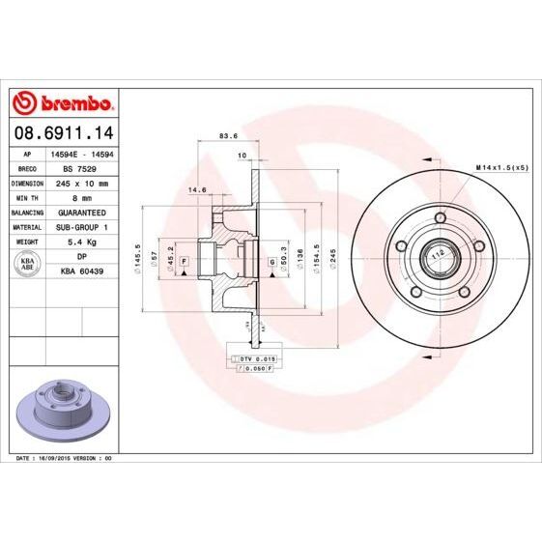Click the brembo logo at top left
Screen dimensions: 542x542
(63, 102)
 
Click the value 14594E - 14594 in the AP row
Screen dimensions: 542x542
(82, 154)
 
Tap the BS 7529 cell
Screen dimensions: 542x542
(82, 168)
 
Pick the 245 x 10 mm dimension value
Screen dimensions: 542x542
(82, 183)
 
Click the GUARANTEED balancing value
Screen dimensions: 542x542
(82, 212)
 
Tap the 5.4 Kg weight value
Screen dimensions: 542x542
(82, 242)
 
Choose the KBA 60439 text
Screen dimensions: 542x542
(82, 271)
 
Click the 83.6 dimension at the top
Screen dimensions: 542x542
(229, 136)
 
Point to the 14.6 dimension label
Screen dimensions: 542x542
(199, 189)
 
